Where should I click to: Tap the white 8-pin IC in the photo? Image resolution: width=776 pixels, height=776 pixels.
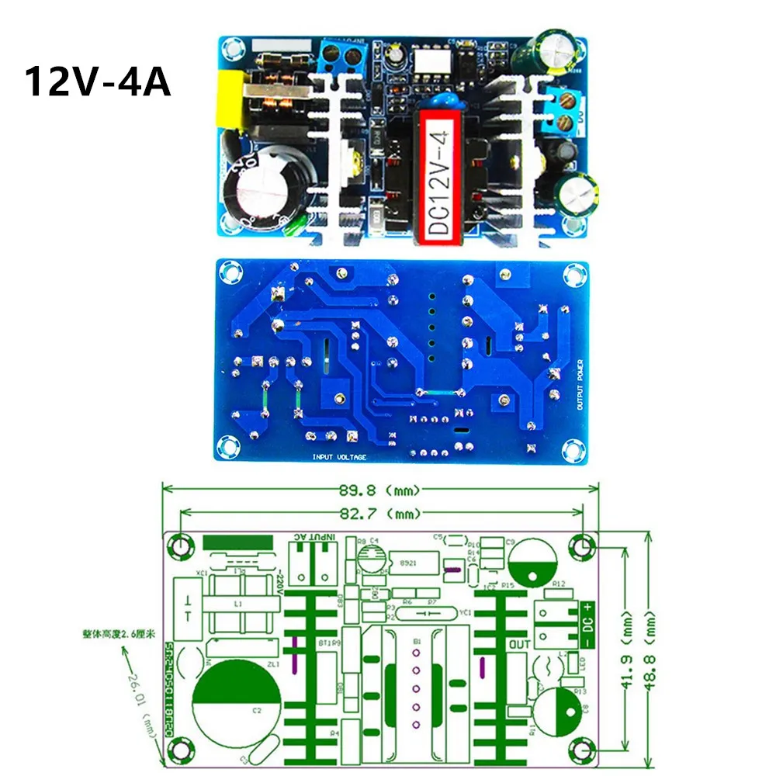(427, 59)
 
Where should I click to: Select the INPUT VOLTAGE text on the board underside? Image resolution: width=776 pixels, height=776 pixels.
(339, 457)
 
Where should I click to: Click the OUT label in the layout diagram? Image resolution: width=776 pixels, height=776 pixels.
(519, 644)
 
